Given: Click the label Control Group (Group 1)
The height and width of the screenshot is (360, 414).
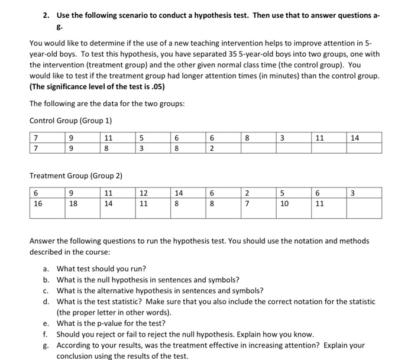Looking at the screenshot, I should click(70, 121).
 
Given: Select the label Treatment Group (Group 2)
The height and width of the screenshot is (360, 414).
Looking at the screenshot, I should click(76, 176).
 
